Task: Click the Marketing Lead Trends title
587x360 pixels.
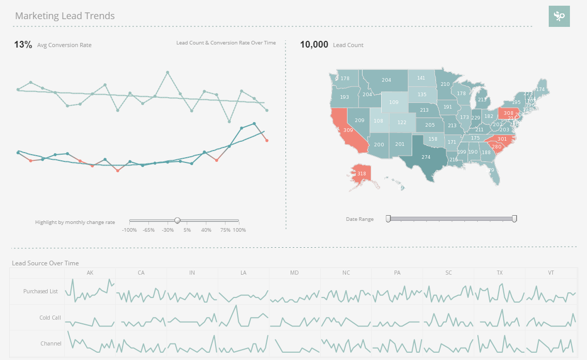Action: point(65,16)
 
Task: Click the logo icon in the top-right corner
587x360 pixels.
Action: point(559,17)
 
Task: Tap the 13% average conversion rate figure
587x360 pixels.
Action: point(23,44)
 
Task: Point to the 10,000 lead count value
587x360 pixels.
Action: point(314,44)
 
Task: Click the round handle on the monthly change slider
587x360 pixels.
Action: point(177,220)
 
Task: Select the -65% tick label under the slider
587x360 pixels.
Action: point(148,230)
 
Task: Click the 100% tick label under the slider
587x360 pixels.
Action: point(239,230)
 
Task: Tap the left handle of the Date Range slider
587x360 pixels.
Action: point(388,219)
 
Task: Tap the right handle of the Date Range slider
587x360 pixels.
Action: point(514,219)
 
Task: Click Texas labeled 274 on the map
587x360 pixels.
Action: point(426,157)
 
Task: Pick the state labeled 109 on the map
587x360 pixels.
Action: point(394,102)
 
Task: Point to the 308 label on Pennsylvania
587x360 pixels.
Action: point(508,113)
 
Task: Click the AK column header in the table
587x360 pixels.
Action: point(90,273)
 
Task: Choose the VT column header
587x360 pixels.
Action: point(551,273)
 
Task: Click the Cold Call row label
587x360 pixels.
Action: point(50,318)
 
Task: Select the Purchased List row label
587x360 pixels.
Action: point(40,291)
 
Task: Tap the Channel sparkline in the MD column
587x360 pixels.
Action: point(294,344)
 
